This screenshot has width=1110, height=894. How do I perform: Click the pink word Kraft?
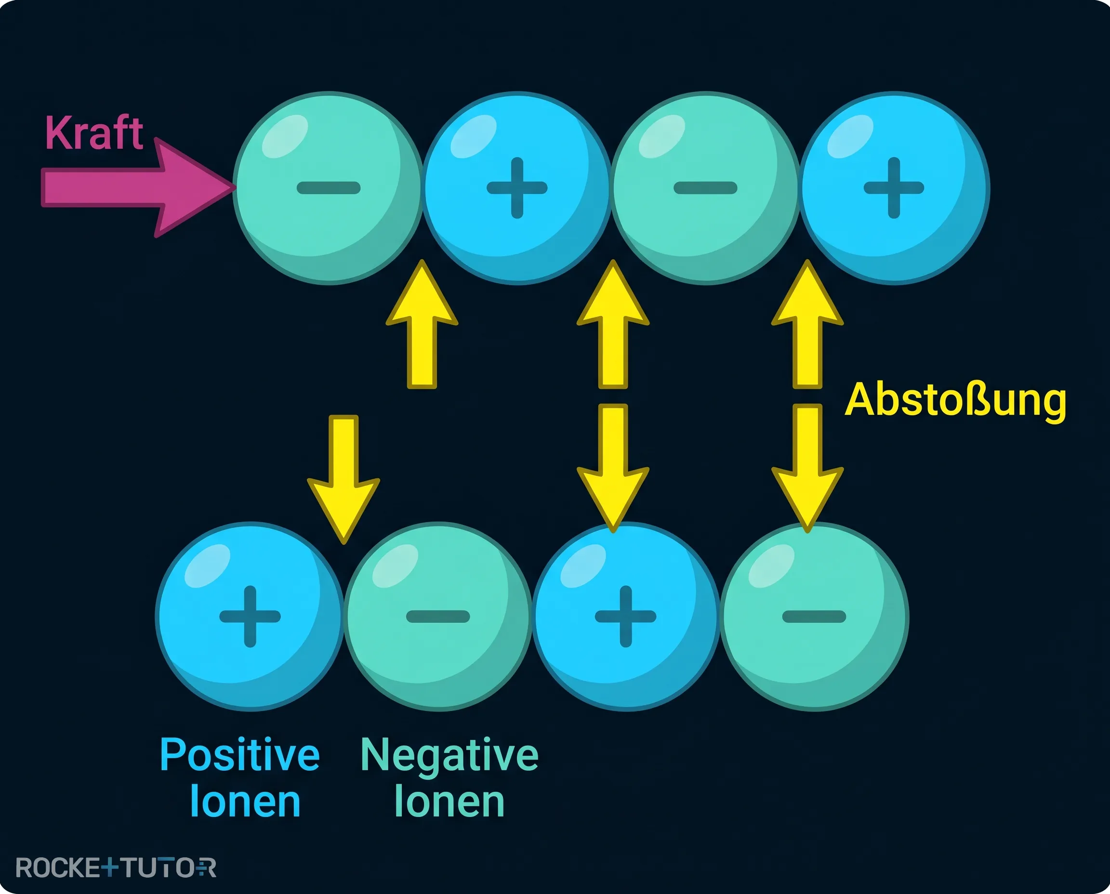click(94, 133)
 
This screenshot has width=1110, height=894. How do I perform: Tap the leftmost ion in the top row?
click(329, 188)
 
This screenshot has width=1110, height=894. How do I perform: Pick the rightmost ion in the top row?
click(894, 188)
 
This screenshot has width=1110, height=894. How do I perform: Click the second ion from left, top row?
click(517, 188)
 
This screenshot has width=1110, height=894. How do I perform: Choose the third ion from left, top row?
click(706, 188)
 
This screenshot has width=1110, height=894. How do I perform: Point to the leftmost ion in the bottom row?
click(251, 617)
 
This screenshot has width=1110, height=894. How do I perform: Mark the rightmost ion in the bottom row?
click(814, 617)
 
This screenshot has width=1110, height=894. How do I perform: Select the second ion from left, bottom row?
click(438, 617)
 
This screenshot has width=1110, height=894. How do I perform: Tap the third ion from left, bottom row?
click(626, 617)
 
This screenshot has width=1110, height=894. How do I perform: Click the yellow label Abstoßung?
click(956, 401)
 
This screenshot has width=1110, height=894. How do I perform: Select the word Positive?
click(240, 755)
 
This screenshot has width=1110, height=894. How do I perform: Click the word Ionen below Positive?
click(245, 802)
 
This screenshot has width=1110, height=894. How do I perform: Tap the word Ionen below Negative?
click(449, 802)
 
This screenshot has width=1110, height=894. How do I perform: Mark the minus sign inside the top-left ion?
click(329, 188)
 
